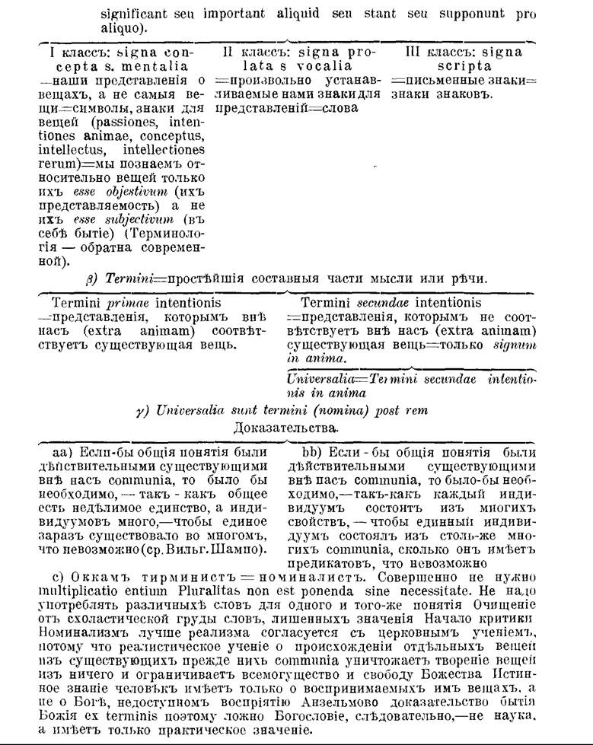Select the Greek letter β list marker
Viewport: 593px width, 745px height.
click(97, 278)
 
